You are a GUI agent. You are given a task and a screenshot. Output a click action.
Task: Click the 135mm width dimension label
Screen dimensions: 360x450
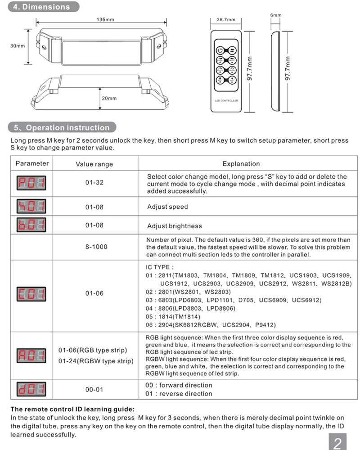[105, 19]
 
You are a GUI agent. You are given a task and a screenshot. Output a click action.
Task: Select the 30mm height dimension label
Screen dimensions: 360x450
[18, 45]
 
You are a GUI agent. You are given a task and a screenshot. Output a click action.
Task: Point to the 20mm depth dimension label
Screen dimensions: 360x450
[109, 98]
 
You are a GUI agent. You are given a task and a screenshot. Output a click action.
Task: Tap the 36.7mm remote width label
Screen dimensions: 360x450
[226, 19]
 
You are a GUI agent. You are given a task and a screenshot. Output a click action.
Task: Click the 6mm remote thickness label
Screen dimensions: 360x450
[275, 15]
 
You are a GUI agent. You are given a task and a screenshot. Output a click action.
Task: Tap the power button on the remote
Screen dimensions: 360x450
[220, 50]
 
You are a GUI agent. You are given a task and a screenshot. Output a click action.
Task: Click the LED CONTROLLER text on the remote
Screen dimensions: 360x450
[226, 101]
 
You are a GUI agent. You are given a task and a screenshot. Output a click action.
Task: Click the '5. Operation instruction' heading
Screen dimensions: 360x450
[62, 127]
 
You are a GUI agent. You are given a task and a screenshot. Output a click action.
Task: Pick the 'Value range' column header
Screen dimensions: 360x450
[94, 164]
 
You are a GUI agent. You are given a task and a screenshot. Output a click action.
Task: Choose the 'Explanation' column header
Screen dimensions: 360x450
[241, 164]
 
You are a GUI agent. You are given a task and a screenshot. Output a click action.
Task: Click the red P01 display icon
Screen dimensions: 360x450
[31, 183]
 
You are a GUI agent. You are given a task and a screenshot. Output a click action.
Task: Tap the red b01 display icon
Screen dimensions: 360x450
[31, 225]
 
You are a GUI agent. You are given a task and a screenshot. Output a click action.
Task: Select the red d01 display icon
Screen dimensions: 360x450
[31, 389]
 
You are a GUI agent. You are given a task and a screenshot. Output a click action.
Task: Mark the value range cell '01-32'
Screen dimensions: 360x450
[94, 183]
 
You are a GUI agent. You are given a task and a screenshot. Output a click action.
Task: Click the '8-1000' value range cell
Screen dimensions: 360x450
[96, 247]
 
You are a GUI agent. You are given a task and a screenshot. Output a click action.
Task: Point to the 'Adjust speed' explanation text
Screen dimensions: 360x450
[168, 207]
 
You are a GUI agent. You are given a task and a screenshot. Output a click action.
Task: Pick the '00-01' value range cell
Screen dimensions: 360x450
[94, 389]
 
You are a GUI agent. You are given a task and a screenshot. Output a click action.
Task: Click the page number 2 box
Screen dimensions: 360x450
[337, 442]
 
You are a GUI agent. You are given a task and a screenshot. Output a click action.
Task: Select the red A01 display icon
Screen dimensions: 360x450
[31, 356]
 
